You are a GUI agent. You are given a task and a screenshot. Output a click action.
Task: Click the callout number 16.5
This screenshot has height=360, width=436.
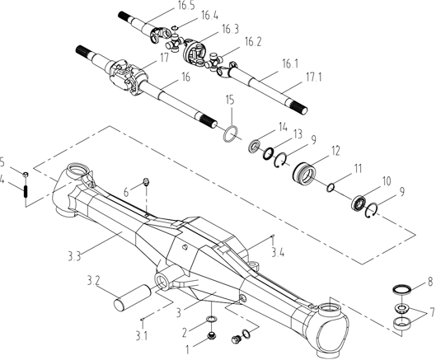[x=185, y=7]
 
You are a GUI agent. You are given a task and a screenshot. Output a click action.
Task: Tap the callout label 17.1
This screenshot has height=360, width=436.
[x=314, y=77]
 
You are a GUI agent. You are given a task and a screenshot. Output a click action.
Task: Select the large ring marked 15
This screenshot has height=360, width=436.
[x=231, y=134]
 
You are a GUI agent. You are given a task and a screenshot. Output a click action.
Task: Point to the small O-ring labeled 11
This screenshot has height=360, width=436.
[x=331, y=188]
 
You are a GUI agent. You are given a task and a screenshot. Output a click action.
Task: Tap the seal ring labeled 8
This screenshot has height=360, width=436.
[x=402, y=289]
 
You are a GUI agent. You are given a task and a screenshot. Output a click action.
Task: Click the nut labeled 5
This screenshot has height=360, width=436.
[x=26, y=175]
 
